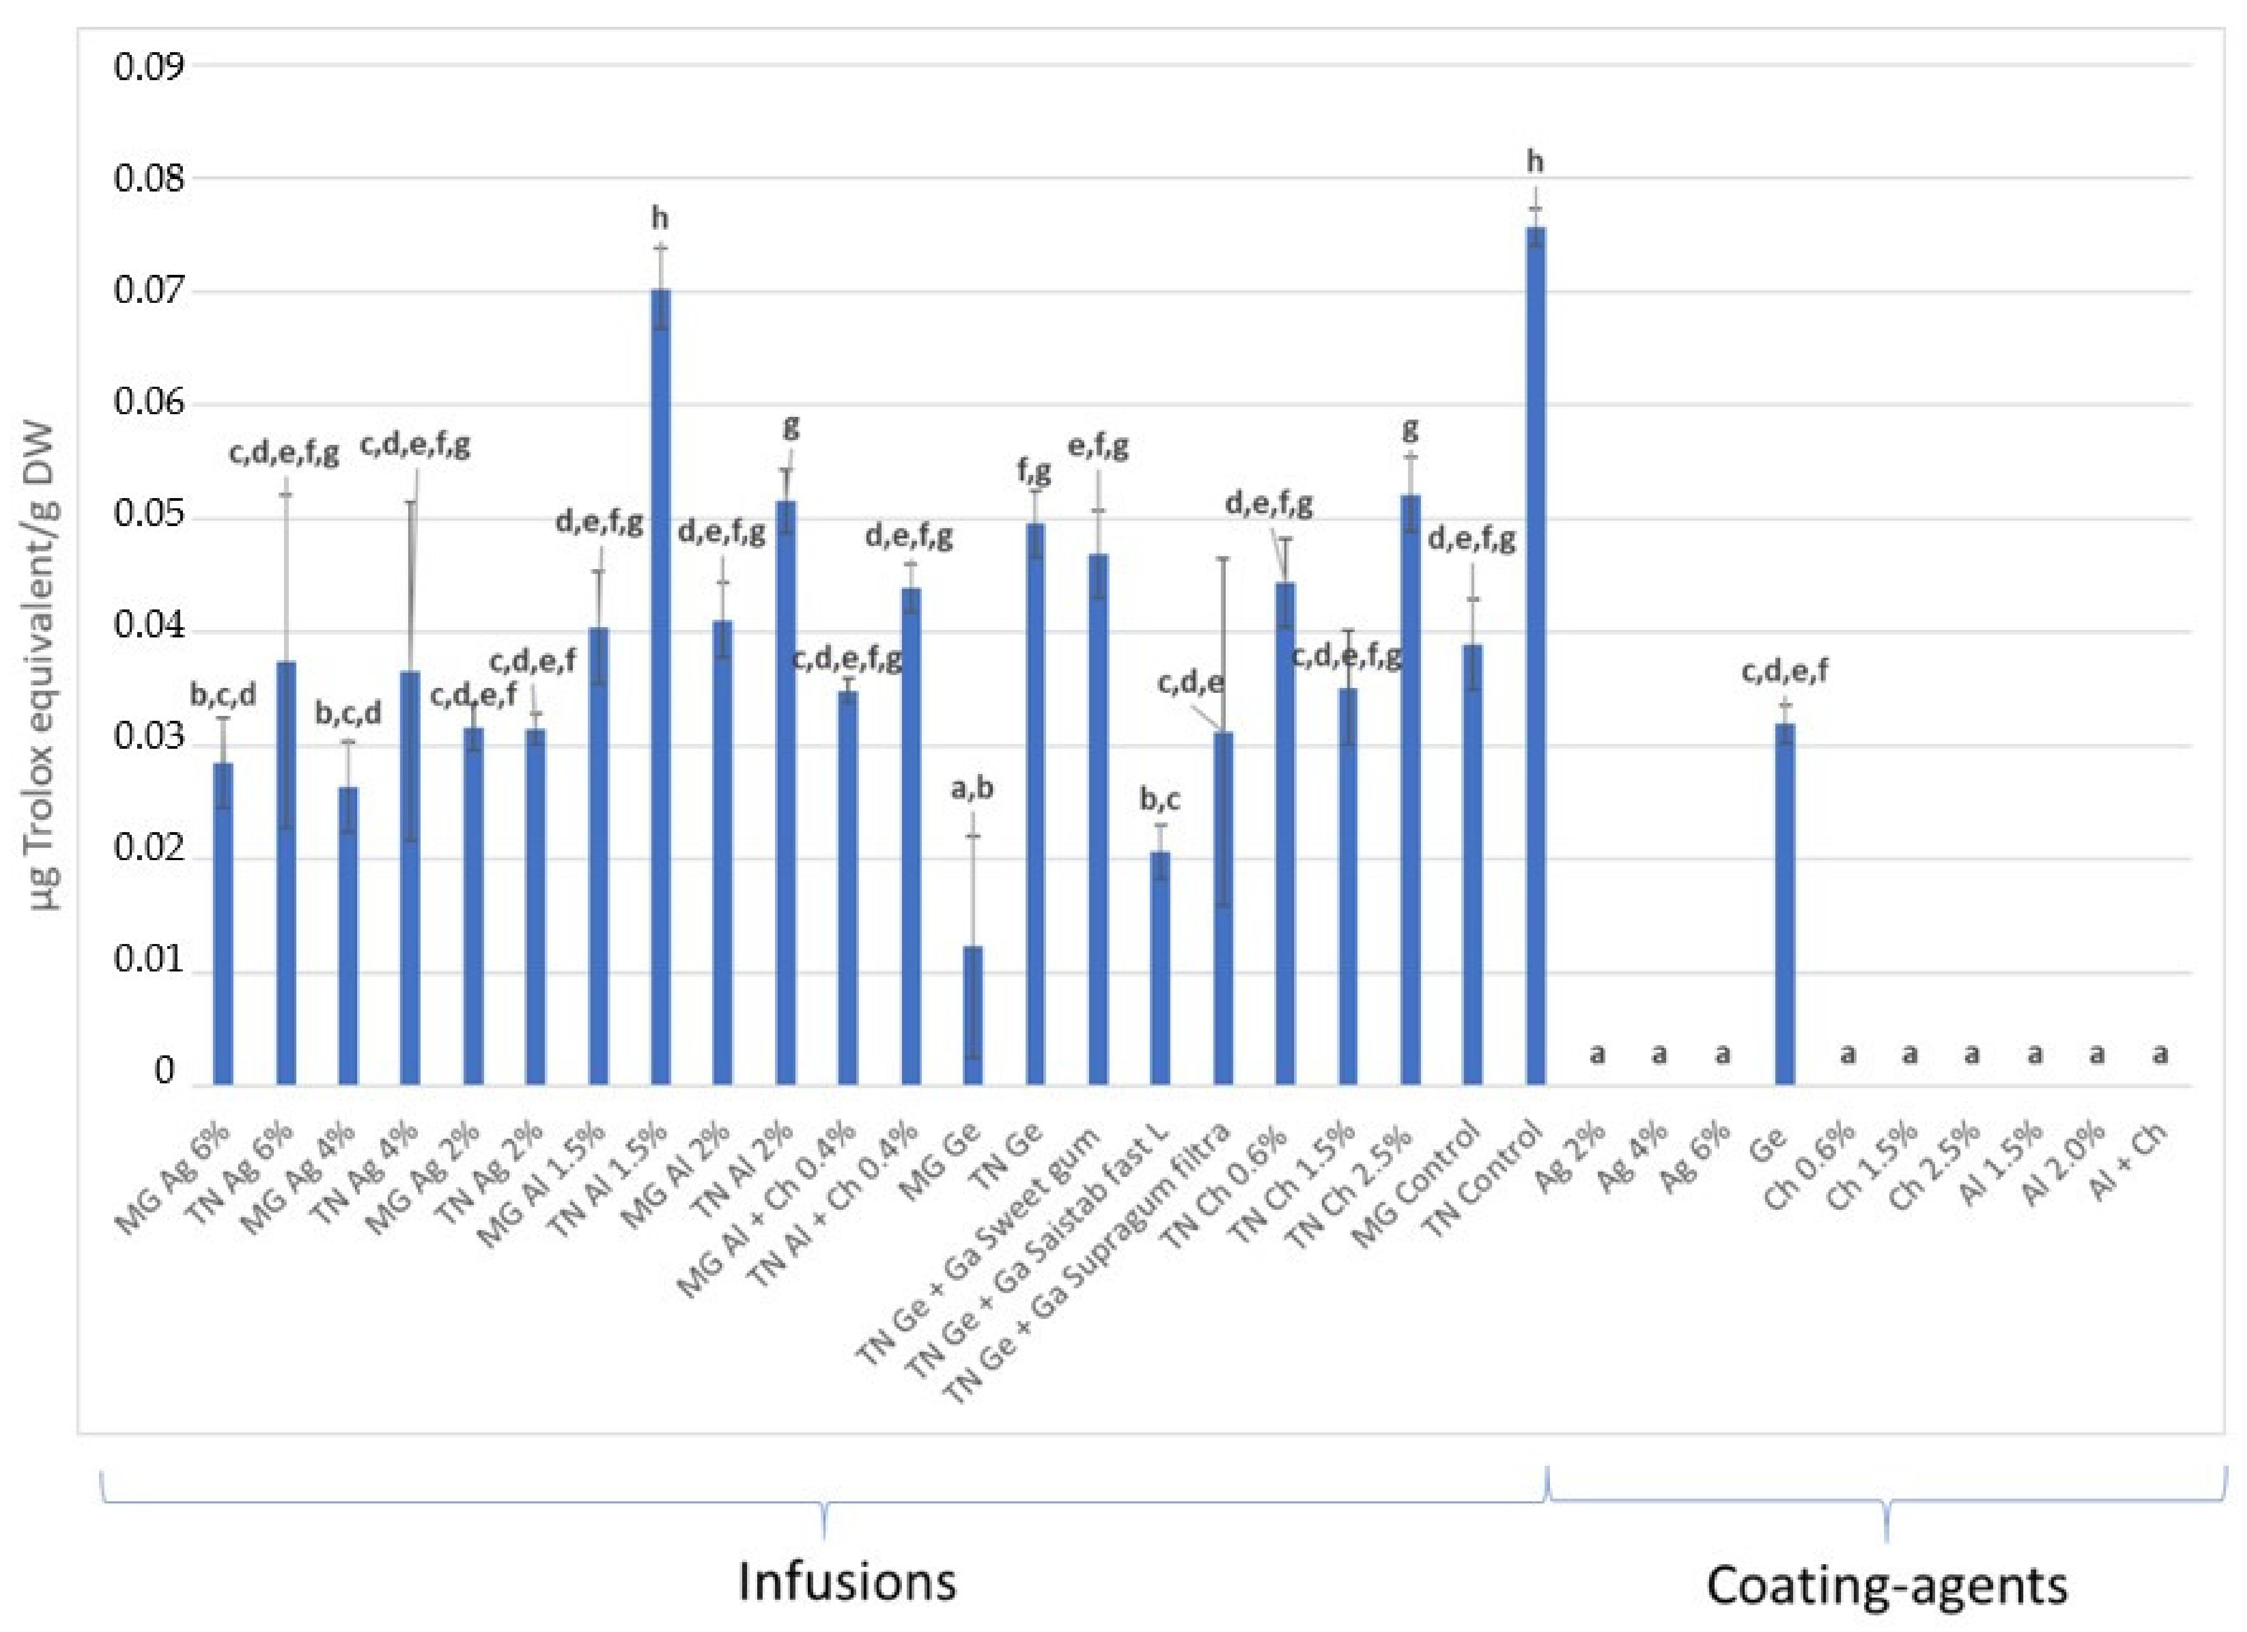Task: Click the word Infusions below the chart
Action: pyautogui.click(x=847, y=1581)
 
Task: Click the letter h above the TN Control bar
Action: pyautogui.click(x=1534, y=161)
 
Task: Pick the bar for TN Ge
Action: pyautogui.click(x=1035, y=803)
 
